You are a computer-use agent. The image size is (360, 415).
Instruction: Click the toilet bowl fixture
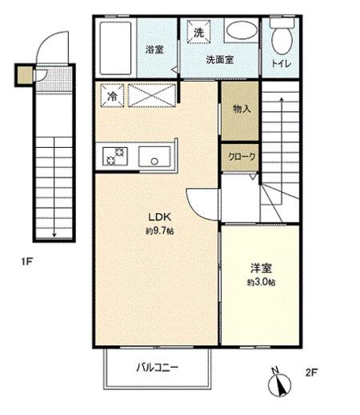point(282,38)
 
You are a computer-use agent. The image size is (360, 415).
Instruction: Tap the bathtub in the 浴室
point(115,48)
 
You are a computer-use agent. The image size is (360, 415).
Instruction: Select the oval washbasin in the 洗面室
point(242,30)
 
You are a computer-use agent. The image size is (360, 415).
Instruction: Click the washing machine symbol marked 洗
point(198,31)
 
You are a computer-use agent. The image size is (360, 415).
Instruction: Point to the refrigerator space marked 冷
point(112,96)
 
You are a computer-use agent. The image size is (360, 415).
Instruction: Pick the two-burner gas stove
point(115,157)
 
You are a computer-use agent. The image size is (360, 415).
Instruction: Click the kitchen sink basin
point(154,157)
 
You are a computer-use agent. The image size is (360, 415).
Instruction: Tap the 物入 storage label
point(242,109)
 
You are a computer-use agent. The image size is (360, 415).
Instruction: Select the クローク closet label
point(242,157)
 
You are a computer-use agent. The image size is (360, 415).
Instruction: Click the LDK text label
point(159,217)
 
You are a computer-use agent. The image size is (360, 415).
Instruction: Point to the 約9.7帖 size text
point(160,231)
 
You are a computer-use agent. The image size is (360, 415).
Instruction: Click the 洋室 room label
point(262,268)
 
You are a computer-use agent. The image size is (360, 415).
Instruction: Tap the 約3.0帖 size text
point(262,282)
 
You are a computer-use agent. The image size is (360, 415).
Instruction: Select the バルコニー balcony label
point(158,368)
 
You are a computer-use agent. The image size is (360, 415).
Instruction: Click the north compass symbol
point(279,382)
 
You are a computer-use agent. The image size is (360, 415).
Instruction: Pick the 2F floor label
point(311,372)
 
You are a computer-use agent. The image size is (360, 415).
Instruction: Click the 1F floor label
point(27,261)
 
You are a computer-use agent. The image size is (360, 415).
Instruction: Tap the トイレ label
point(282,64)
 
